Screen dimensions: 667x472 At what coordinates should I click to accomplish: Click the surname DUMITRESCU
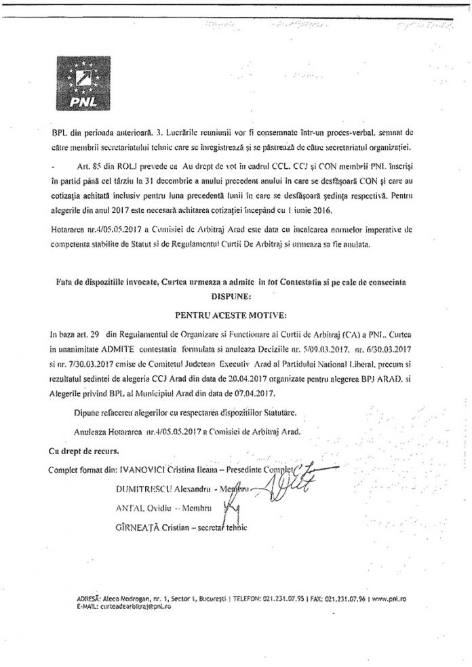[x=146, y=489]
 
